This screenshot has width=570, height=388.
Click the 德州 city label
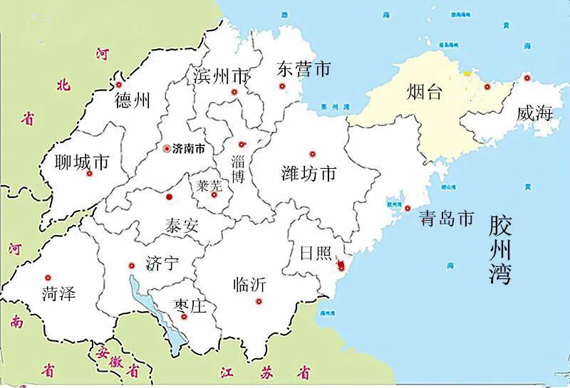132,101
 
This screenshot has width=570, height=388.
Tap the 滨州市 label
221,75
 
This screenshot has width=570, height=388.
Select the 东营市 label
304,69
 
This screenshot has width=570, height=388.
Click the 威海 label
535,112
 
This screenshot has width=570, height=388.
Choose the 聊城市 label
82,163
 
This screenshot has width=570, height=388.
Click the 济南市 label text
189,150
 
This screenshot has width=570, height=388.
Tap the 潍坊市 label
309,173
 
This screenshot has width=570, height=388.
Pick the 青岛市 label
446,219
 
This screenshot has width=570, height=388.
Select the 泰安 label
182,227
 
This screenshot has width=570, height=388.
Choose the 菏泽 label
58,293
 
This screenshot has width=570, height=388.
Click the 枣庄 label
190,307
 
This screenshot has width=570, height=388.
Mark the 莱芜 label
209,186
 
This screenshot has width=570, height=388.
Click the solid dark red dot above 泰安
170,196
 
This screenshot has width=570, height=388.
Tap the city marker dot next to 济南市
167,149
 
